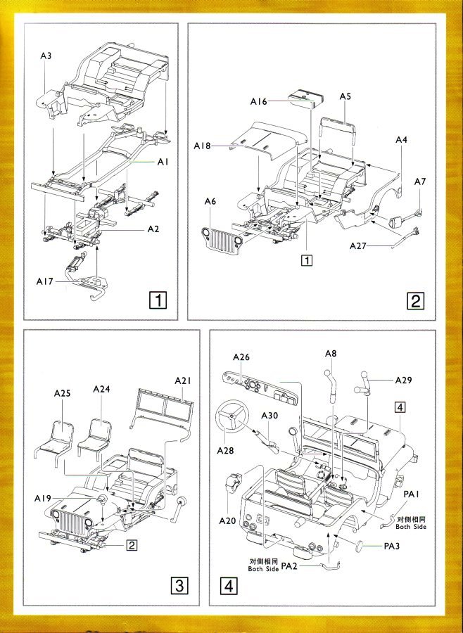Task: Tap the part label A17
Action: click(x=45, y=281)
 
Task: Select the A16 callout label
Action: click(x=259, y=102)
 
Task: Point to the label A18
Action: click(x=203, y=146)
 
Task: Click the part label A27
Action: click(x=360, y=245)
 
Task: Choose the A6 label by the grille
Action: click(x=210, y=202)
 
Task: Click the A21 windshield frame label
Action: click(x=183, y=381)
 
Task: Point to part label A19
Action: click(x=44, y=498)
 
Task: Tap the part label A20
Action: click(x=227, y=521)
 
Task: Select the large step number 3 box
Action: click(x=180, y=585)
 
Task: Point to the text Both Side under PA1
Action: click(x=411, y=526)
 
